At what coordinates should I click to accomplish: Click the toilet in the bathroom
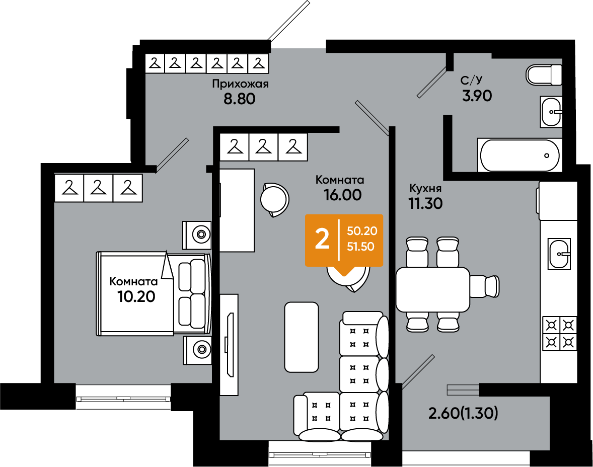(544, 75)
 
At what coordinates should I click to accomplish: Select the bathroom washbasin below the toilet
(551, 112)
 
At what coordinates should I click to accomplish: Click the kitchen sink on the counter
(559, 254)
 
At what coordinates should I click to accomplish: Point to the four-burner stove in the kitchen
(560, 334)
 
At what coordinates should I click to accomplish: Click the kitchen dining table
(432, 289)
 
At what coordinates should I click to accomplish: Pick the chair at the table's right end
(484, 286)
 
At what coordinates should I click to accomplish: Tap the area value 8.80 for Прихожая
(240, 99)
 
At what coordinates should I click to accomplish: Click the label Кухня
(425, 188)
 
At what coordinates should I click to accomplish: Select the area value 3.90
(477, 96)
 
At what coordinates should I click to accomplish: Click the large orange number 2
(322, 240)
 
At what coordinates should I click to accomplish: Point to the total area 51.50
(361, 247)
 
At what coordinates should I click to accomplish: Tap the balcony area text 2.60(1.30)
(463, 413)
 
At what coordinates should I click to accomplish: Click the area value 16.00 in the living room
(343, 195)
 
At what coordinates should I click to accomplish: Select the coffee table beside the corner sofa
(302, 337)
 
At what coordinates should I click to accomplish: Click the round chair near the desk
(274, 200)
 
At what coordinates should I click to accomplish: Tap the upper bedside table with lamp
(197, 235)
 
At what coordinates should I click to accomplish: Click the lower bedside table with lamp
(197, 350)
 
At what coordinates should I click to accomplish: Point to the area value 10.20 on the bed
(136, 296)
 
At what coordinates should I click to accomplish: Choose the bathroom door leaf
(432, 83)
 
